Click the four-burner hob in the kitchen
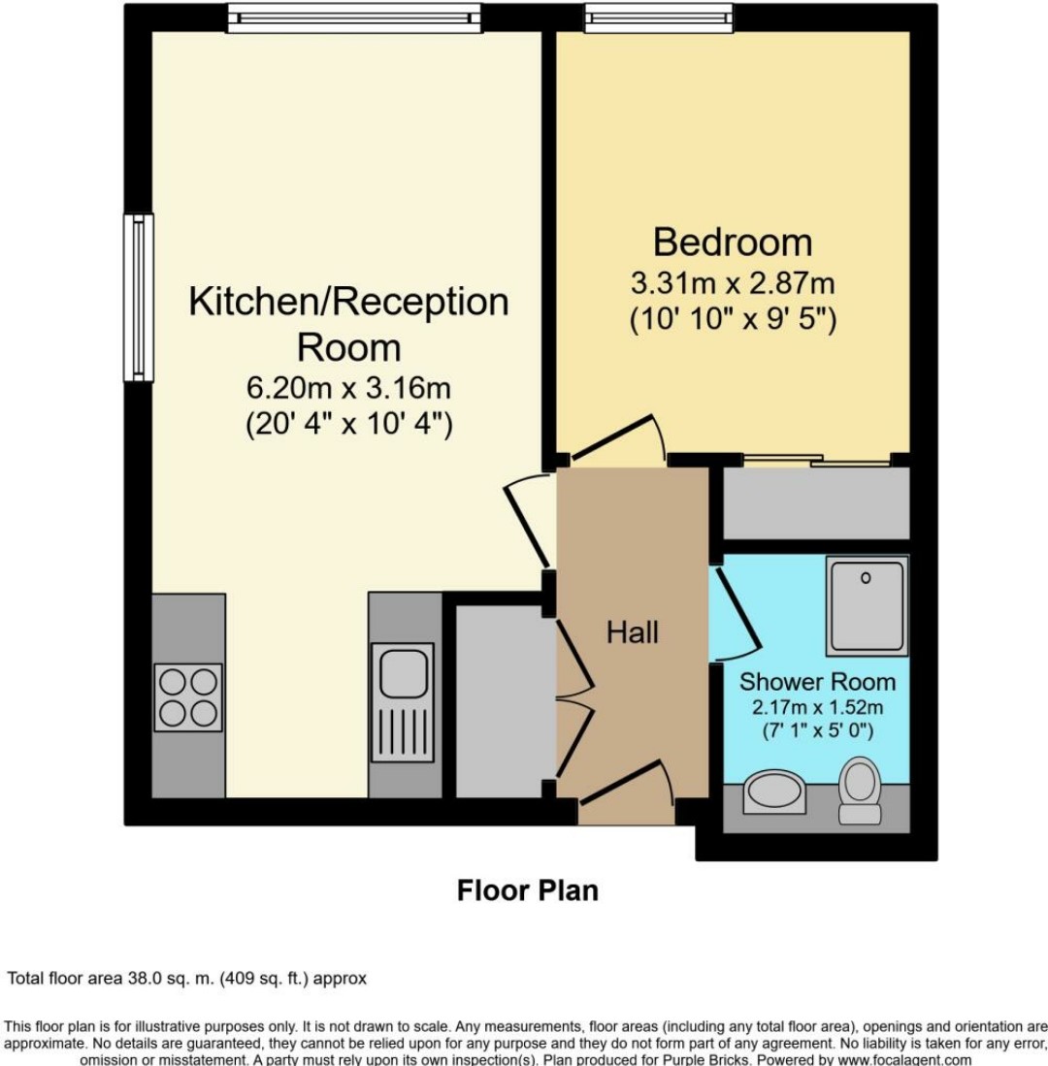click(188, 697)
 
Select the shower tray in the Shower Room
click(867, 605)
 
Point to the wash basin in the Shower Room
click(774, 792)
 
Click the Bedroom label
click(733, 242)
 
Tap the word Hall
click(633, 632)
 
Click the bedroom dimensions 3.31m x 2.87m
click(733, 284)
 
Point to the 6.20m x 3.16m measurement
click(348, 388)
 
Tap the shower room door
click(734, 612)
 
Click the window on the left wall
click(139, 298)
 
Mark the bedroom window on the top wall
click(659, 17)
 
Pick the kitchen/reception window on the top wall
click(354, 17)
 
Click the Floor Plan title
click(528, 889)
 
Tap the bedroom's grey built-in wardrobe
click(816, 503)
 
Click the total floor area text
click(187, 979)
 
